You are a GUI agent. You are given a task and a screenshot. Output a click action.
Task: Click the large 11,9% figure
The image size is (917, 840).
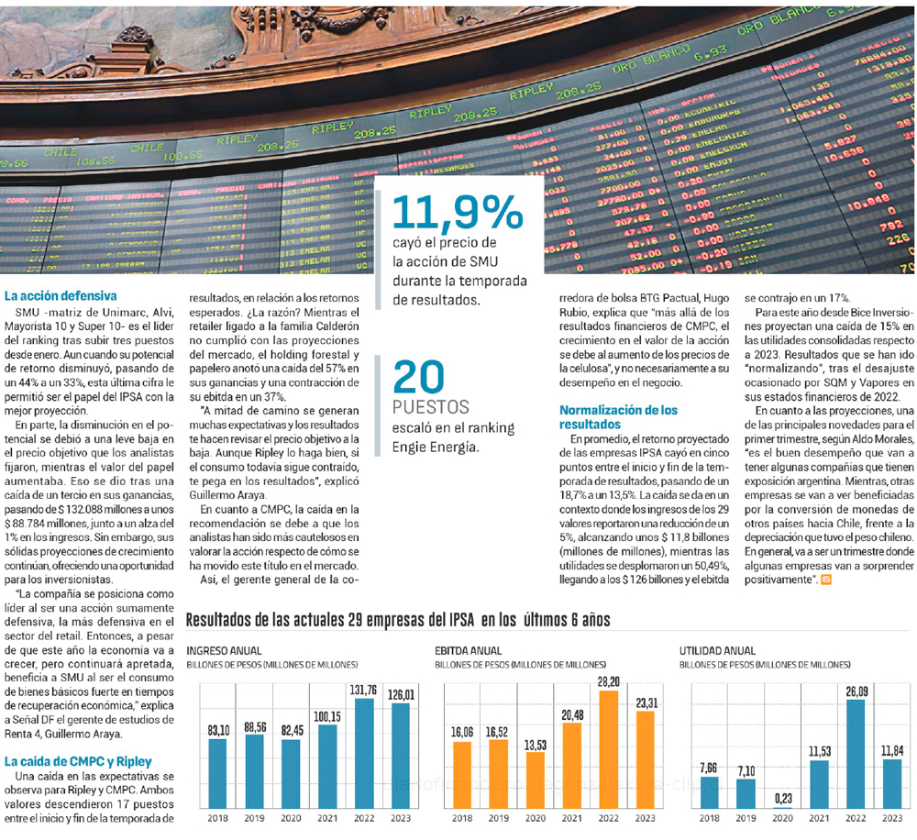(x=457, y=214)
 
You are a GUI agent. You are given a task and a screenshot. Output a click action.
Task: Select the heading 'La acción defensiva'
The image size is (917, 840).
(x=61, y=296)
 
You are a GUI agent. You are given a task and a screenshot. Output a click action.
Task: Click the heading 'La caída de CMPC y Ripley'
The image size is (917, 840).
(x=78, y=761)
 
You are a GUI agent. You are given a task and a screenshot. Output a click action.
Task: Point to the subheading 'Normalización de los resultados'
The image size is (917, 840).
(x=618, y=417)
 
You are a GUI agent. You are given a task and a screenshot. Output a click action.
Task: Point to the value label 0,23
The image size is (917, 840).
(x=782, y=799)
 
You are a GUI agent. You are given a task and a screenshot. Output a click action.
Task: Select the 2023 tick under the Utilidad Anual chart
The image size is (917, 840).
(x=892, y=818)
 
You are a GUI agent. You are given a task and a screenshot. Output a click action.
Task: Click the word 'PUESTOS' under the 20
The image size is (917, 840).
(x=431, y=407)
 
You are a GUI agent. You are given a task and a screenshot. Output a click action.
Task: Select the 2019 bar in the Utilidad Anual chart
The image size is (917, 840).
(x=746, y=792)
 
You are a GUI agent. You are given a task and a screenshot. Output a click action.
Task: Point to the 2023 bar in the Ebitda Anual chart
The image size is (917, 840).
(x=644, y=758)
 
